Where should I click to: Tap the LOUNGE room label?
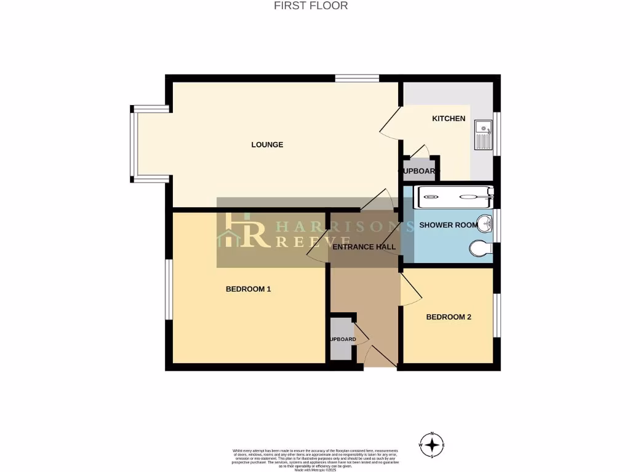pyautogui.click(x=267, y=145)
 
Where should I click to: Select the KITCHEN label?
pyautogui.click(x=449, y=119)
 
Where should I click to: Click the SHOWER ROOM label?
pyautogui.click(x=448, y=225)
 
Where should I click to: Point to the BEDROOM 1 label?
pyautogui.click(x=249, y=289)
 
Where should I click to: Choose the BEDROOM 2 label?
pyautogui.click(x=449, y=317)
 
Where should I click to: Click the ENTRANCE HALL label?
pyautogui.click(x=364, y=247)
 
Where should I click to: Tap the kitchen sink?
pyautogui.click(x=483, y=135)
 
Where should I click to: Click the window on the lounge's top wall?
pyautogui.click(x=357, y=78)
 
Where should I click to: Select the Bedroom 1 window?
pyautogui.click(x=169, y=289)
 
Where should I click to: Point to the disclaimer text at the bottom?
pyautogui.click(x=315, y=460)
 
